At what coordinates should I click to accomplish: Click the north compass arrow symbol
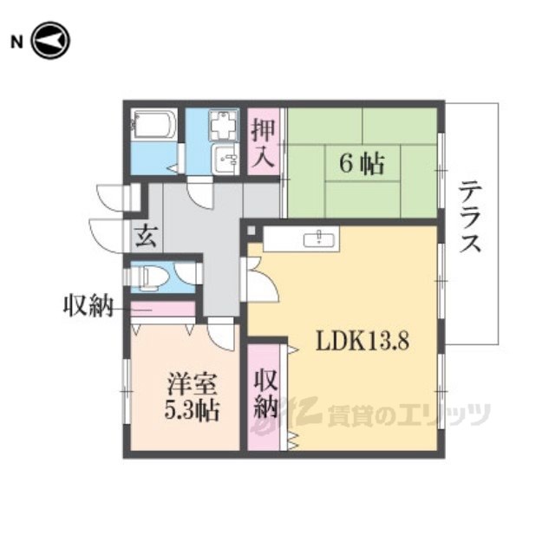click(x=50, y=41)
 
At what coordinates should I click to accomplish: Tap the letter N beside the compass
click(x=16, y=42)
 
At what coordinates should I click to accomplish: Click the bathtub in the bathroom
click(x=153, y=125)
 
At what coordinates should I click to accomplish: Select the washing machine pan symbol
click(x=224, y=125)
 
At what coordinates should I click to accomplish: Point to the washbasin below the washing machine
click(x=225, y=160)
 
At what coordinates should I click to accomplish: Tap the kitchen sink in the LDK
click(x=319, y=240)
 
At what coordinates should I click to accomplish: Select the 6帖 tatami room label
click(x=362, y=164)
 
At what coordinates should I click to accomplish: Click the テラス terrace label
click(x=470, y=217)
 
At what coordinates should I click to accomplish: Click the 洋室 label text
click(x=192, y=384)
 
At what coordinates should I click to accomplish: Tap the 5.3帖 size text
click(x=192, y=409)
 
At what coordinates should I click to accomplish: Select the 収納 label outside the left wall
click(x=88, y=305)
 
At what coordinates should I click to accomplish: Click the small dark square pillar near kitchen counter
click(x=251, y=231)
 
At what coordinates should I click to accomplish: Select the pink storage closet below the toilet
click(x=163, y=309)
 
